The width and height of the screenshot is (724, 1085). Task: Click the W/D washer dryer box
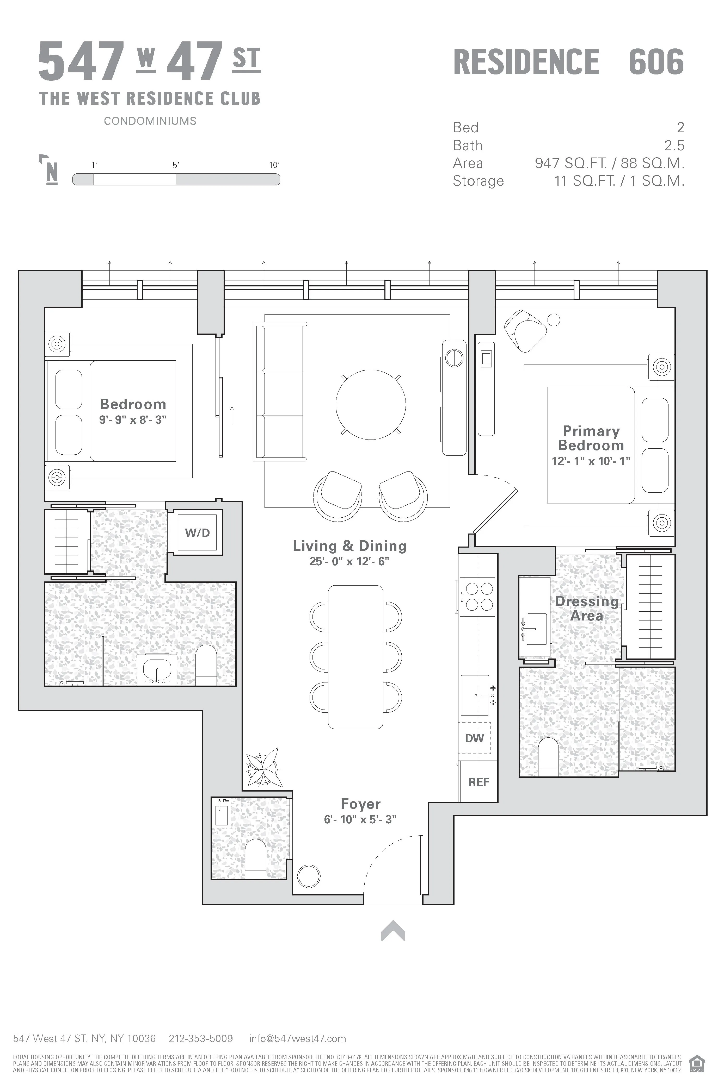(197, 532)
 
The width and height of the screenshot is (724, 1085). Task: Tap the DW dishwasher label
(474, 738)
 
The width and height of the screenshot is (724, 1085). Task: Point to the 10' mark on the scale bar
(274, 165)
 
